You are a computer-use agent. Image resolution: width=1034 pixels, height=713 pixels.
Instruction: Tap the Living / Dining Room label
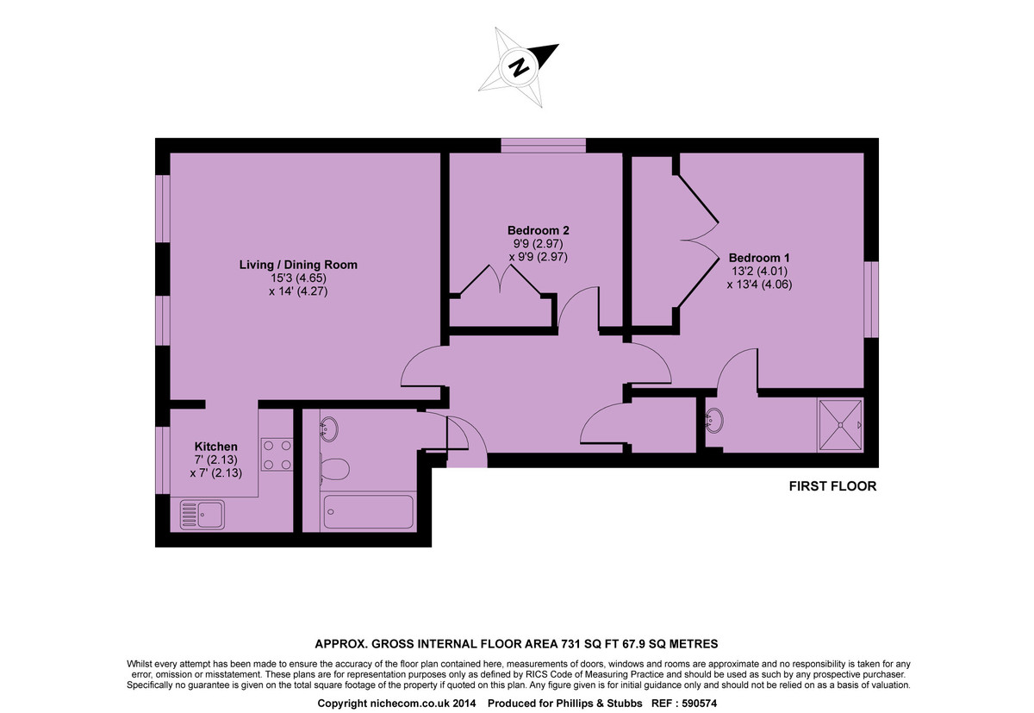click(298, 265)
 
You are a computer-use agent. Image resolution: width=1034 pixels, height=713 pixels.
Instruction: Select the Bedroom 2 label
click(538, 230)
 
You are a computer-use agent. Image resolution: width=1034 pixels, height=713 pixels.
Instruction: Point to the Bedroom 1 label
click(759, 257)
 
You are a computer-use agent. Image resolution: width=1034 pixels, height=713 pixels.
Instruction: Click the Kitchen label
click(215, 446)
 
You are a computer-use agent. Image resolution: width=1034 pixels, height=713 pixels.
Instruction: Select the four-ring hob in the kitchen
click(277, 454)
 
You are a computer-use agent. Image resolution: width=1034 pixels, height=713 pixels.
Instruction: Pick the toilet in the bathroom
click(335, 469)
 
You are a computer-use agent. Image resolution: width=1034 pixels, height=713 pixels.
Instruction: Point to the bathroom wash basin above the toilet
click(328, 428)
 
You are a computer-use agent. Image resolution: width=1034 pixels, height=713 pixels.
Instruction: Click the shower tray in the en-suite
click(840, 425)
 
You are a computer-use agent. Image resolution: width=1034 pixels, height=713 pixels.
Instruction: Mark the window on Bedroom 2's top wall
click(544, 146)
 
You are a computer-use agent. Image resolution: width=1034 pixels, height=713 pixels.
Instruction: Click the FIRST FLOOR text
click(832, 486)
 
